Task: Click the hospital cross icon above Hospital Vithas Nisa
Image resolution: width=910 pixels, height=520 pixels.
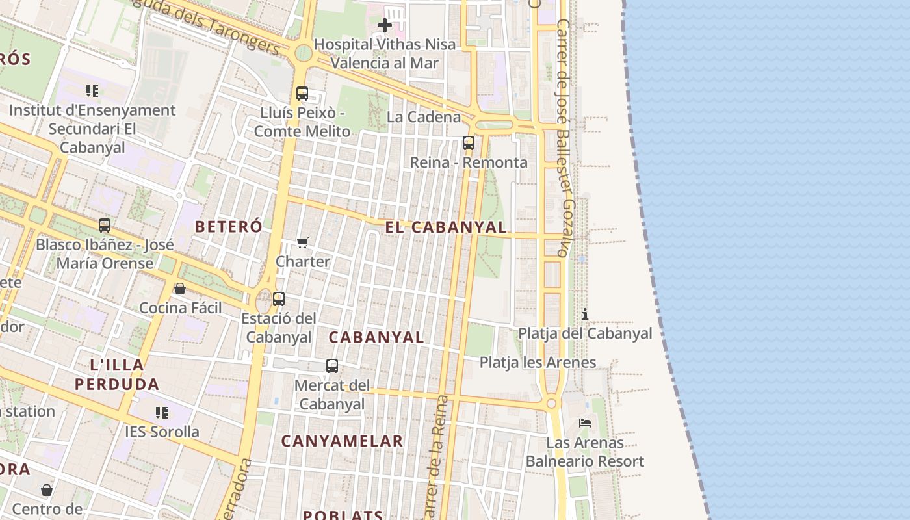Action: pos(385,26)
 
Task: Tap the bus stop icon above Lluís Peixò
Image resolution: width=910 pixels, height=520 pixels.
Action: pos(302,93)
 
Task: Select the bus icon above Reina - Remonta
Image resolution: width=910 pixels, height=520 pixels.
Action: pos(469,143)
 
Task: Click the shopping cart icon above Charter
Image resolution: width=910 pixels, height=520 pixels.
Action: pos(302,243)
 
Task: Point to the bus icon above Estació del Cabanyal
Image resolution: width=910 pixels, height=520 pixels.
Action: pos(279,299)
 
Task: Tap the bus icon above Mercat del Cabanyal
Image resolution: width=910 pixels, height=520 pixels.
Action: pos(332,366)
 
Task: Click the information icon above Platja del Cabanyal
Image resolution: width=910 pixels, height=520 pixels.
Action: pos(585,314)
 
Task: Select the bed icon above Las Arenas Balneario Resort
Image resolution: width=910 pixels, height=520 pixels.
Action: pos(585,423)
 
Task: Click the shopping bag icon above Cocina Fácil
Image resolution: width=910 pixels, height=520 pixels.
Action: pos(180,289)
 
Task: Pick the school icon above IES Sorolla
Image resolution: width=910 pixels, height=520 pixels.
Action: pos(162,412)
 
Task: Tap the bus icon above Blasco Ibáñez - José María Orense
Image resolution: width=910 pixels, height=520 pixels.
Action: pos(105,226)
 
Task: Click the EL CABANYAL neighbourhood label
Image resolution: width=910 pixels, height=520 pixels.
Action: pos(446,227)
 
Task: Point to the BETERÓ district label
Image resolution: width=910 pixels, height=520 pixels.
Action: pos(229,227)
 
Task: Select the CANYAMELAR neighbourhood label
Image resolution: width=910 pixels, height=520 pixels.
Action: pos(343,441)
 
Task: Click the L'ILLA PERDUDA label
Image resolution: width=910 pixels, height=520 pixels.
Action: pos(117,374)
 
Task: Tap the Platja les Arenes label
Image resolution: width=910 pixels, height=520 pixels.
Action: pos(538,362)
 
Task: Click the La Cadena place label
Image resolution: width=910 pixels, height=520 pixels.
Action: pos(424,117)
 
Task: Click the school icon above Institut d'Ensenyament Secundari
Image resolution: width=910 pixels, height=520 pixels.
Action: pos(92,91)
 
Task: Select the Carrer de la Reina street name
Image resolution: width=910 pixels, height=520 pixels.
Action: pos(435,455)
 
